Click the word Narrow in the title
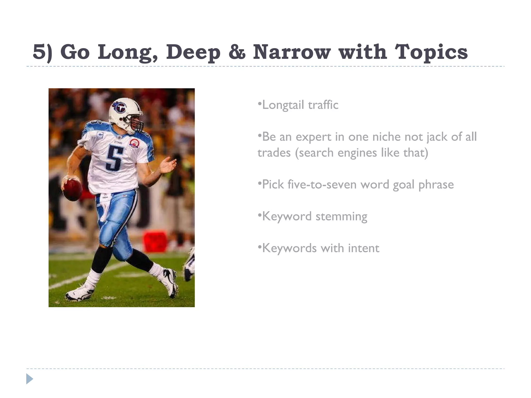(292, 52)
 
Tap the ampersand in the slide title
(237, 52)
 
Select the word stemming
(341, 217)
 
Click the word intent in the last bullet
(364, 248)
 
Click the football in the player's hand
(72, 189)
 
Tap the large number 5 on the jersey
(114, 157)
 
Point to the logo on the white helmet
(119, 107)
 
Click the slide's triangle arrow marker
(30, 379)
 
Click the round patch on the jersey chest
(134, 143)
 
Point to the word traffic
(323, 105)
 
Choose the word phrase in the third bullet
(436, 184)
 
